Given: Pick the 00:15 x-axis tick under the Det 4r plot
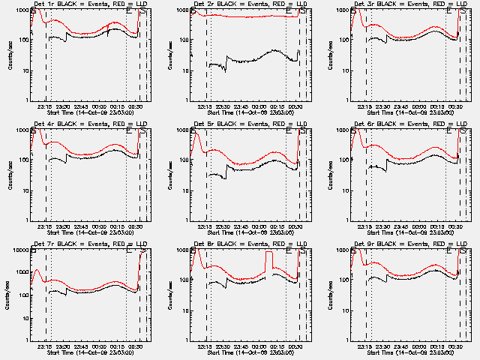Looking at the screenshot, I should pos(117,226).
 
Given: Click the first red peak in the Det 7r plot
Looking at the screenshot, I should pos(36,270).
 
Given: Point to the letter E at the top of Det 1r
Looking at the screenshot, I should pos(130,11).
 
